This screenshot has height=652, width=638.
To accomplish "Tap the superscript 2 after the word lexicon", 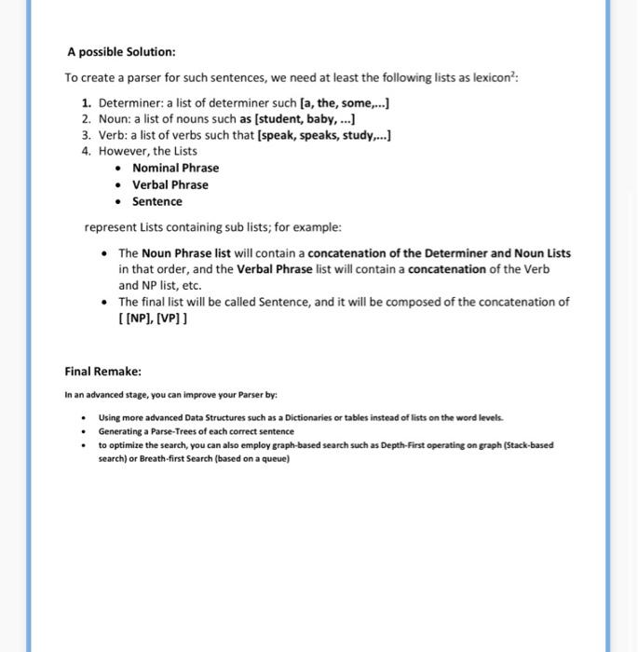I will (513, 75).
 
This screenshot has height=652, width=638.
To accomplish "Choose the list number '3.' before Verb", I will (87, 136).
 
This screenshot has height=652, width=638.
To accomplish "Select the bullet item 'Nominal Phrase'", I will (175, 168).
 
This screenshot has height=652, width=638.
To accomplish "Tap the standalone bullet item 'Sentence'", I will (156, 201).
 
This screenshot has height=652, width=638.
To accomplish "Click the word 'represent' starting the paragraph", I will (110, 227).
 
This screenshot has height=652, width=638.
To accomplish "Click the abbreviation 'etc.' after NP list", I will (190, 285).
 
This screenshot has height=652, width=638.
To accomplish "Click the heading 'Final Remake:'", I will (102, 371).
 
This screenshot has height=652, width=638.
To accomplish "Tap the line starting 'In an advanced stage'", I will (170, 395).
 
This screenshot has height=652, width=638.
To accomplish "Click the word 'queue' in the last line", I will (274, 459).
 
